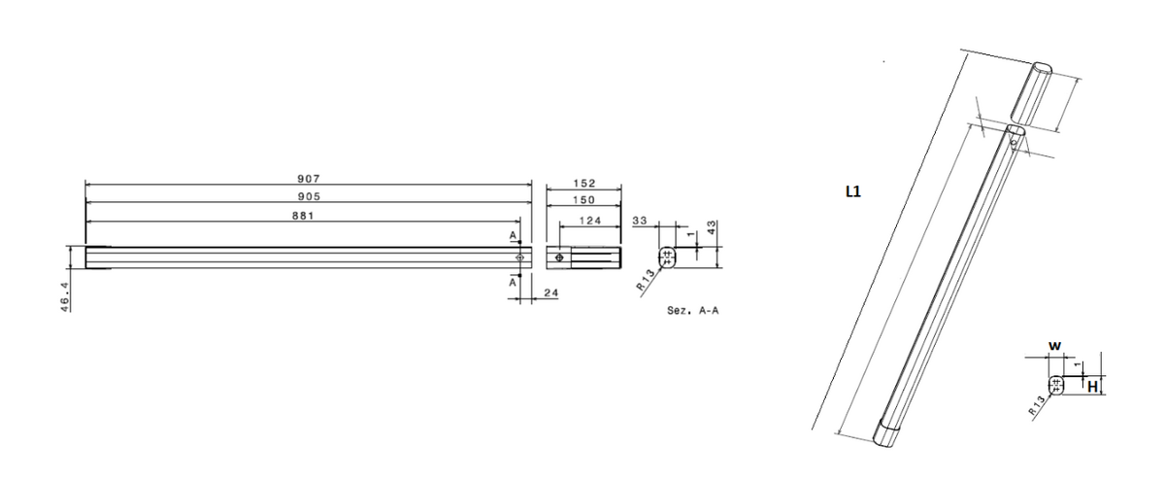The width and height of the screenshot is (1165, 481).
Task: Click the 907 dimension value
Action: (309, 180)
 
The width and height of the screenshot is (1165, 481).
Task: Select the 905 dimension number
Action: (309, 196)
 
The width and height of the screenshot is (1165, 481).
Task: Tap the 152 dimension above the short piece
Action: (583, 183)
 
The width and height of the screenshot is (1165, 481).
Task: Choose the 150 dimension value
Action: (582, 199)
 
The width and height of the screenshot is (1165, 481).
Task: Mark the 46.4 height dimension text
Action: (63, 295)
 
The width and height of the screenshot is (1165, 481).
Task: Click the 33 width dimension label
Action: (640, 222)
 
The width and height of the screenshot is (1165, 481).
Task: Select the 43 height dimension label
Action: (712, 227)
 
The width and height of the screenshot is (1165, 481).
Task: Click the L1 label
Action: (853, 192)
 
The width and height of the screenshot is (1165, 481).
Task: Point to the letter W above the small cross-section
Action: (1053, 345)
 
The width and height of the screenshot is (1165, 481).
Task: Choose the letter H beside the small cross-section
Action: (1091, 387)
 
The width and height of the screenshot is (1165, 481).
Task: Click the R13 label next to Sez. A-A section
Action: (644, 283)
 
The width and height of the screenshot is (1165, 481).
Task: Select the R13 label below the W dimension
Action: (1038, 405)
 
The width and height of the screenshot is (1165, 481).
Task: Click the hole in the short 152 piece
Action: (559, 257)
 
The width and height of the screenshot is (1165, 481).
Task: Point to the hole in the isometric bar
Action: (1014, 142)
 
